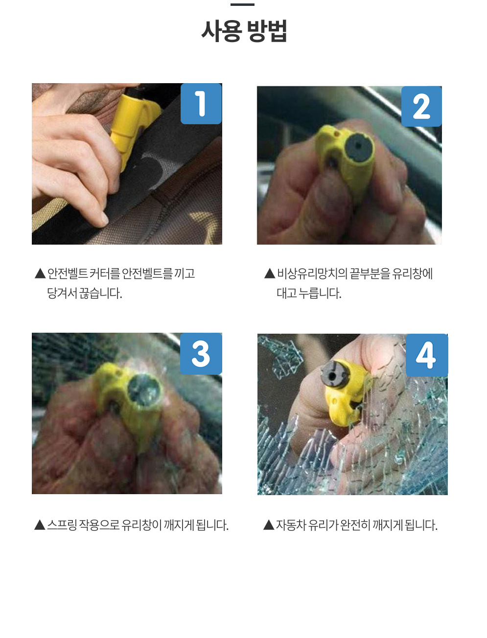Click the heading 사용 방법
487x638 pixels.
(244, 31)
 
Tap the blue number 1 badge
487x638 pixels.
(201, 104)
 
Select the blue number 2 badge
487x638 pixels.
(421, 106)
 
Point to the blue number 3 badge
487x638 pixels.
(201, 354)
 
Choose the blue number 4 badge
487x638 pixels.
(426, 355)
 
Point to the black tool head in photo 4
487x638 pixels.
(334, 374)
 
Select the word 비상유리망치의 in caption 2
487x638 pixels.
(312, 273)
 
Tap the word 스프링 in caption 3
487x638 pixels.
(62, 524)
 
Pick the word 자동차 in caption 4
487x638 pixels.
(290, 525)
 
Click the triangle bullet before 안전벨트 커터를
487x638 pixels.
(40, 273)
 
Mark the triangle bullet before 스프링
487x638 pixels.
(40, 525)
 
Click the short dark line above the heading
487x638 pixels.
(242, 5)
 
